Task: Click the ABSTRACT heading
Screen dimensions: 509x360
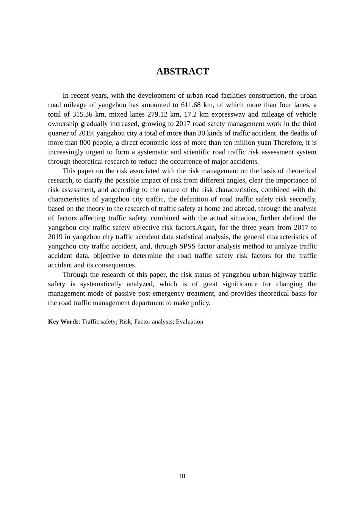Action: point(182,72)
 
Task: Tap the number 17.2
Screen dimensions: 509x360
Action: point(190,114)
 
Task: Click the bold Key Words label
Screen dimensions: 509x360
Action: point(62,322)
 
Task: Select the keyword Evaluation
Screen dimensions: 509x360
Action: point(189,322)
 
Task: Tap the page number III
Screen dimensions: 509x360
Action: point(182,476)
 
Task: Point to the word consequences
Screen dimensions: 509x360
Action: point(117,265)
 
